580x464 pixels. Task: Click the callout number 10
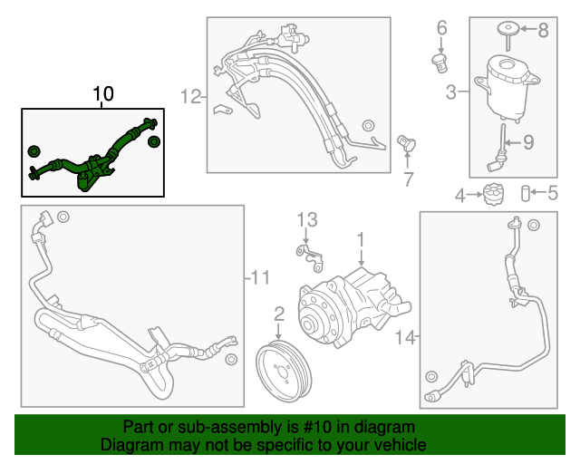pyautogui.click(x=103, y=94)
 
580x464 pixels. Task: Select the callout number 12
pyautogui.click(x=189, y=95)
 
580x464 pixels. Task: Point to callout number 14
pyautogui.click(x=406, y=338)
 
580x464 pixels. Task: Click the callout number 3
pyautogui.click(x=450, y=91)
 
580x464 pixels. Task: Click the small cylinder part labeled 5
pyautogui.click(x=524, y=193)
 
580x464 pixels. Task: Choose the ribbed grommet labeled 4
pyautogui.click(x=494, y=194)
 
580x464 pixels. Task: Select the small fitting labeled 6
pyautogui.click(x=440, y=63)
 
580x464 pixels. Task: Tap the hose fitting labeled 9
pyautogui.click(x=498, y=150)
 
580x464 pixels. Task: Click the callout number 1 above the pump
pyautogui.click(x=360, y=239)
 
